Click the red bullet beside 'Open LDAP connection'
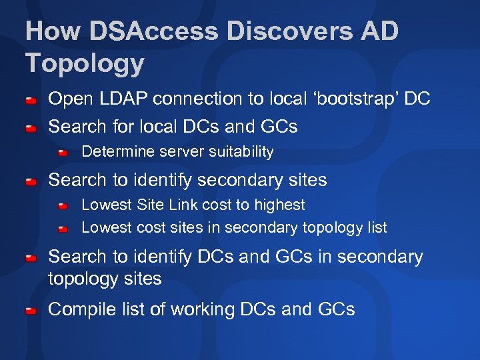(x=31, y=101)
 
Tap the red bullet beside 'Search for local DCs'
(x=31, y=127)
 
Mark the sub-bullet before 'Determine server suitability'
(x=63, y=153)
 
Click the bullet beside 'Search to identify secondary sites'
(x=31, y=181)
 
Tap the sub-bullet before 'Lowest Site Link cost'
(x=63, y=206)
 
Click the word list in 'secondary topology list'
(x=375, y=227)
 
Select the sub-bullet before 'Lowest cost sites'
(x=63, y=229)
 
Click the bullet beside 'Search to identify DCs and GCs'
(x=31, y=257)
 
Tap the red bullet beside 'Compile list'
(x=31, y=311)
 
